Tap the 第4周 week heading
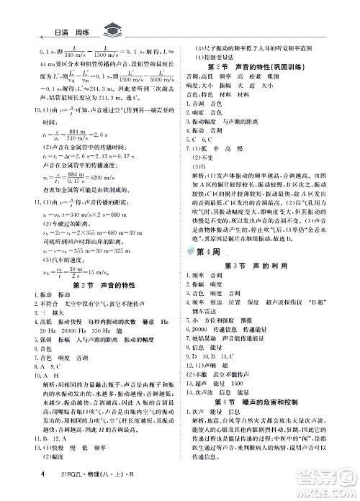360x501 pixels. click(x=198, y=271)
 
